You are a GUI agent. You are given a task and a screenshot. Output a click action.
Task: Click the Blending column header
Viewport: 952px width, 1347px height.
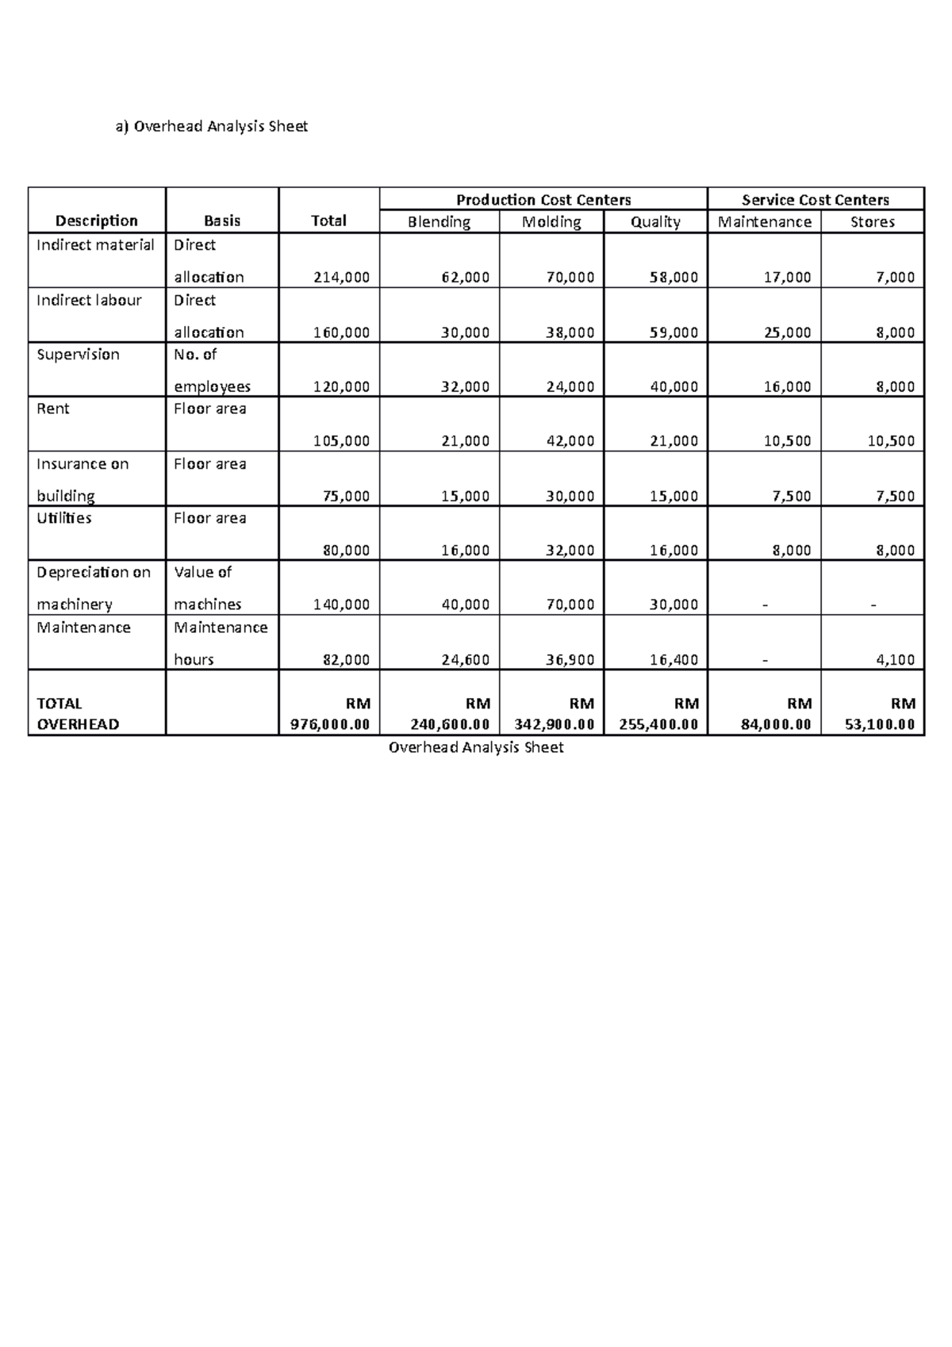(439, 222)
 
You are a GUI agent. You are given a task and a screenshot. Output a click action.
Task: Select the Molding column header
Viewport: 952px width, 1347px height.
(551, 222)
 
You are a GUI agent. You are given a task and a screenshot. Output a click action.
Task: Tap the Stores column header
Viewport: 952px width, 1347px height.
(872, 222)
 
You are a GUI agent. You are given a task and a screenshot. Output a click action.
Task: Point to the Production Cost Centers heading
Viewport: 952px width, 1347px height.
(543, 200)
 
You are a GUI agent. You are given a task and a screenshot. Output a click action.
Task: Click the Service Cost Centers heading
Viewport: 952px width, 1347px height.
(815, 200)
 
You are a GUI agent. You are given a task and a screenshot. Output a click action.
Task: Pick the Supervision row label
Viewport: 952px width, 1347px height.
(78, 355)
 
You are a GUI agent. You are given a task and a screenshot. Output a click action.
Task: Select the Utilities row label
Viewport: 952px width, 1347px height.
(64, 518)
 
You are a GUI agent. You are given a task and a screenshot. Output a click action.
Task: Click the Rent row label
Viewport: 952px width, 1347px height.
(53, 409)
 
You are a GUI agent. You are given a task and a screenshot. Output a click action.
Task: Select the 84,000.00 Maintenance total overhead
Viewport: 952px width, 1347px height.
(776, 724)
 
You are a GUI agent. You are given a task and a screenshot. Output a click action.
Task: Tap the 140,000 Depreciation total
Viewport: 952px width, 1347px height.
(341, 604)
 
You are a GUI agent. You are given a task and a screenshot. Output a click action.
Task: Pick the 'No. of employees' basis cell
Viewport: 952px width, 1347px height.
(212, 370)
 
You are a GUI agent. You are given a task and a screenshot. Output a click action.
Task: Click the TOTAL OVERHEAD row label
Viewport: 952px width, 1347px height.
(78, 714)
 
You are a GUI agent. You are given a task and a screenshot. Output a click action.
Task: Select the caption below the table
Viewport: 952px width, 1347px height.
(476, 747)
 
